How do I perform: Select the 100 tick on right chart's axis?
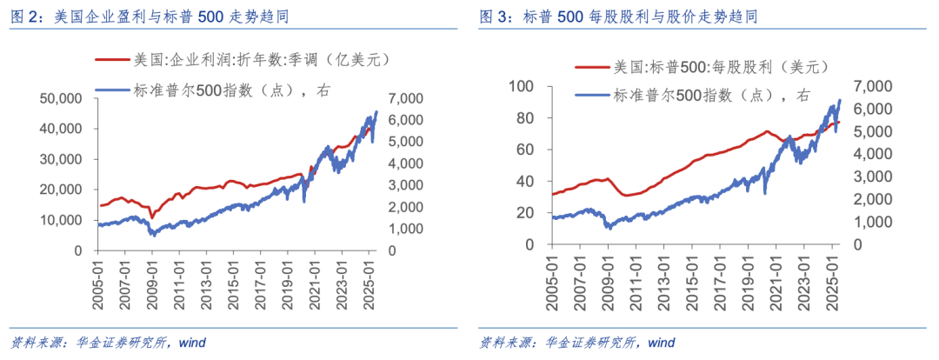(x=520, y=86)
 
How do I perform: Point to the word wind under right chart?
(x=662, y=343)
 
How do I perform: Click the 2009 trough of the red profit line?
(x=151, y=217)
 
